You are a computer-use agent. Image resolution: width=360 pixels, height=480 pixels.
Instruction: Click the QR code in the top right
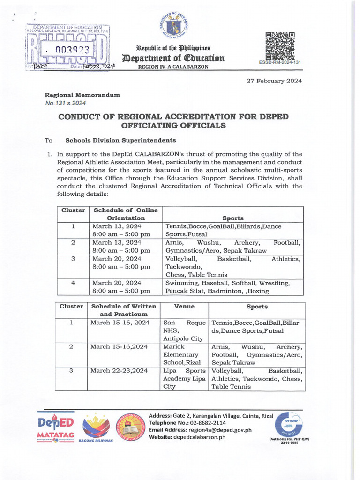coord(280,46)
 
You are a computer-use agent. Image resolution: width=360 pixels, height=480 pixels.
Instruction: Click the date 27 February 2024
coord(274,81)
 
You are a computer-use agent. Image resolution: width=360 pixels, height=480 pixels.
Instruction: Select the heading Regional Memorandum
coord(82,95)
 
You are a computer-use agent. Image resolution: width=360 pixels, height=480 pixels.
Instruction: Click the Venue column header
coord(184,307)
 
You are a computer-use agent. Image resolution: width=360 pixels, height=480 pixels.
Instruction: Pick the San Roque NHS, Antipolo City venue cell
coord(184,330)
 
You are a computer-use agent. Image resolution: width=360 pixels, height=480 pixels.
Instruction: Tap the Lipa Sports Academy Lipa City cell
coord(184,379)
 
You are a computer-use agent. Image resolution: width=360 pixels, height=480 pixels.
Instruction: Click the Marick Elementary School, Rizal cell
coord(184,355)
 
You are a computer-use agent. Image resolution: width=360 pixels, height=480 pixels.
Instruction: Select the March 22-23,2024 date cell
coord(120,371)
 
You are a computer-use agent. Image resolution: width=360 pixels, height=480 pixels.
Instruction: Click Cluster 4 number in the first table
coord(73,283)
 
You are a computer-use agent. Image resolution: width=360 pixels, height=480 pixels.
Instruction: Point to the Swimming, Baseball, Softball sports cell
coord(232,287)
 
